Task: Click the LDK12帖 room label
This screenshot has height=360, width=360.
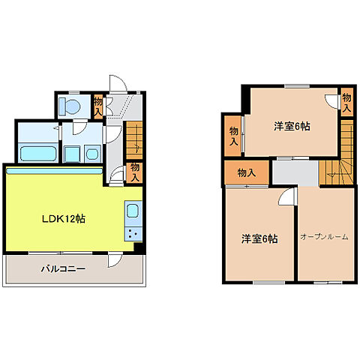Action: tap(62, 220)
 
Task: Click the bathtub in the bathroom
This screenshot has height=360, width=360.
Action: tap(37, 154)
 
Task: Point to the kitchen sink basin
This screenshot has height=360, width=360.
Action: tap(133, 211)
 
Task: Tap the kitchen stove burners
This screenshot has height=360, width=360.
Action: tap(133, 233)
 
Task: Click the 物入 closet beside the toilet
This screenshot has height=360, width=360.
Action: tap(98, 106)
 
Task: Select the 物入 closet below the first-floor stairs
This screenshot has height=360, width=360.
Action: tap(134, 172)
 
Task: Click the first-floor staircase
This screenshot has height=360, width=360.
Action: tap(133, 139)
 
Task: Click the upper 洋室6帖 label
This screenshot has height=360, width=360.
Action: tap(291, 126)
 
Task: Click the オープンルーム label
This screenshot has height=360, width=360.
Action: tap(324, 237)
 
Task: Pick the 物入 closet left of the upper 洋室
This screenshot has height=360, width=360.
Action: tap(234, 136)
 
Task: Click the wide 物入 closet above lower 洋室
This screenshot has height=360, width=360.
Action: tap(246, 172)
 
